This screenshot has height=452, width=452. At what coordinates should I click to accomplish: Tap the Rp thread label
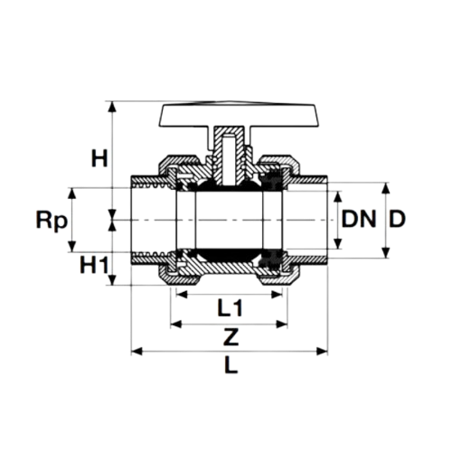[x=48, y=219]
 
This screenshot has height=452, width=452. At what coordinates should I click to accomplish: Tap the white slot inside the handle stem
[x=230, y=149]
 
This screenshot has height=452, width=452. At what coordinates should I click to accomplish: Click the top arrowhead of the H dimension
[x=113, y=103]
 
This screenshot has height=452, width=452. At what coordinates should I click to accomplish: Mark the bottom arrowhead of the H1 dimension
[x=113, y=281]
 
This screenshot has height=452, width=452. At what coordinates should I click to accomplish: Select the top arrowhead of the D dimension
[x=387, y=187]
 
